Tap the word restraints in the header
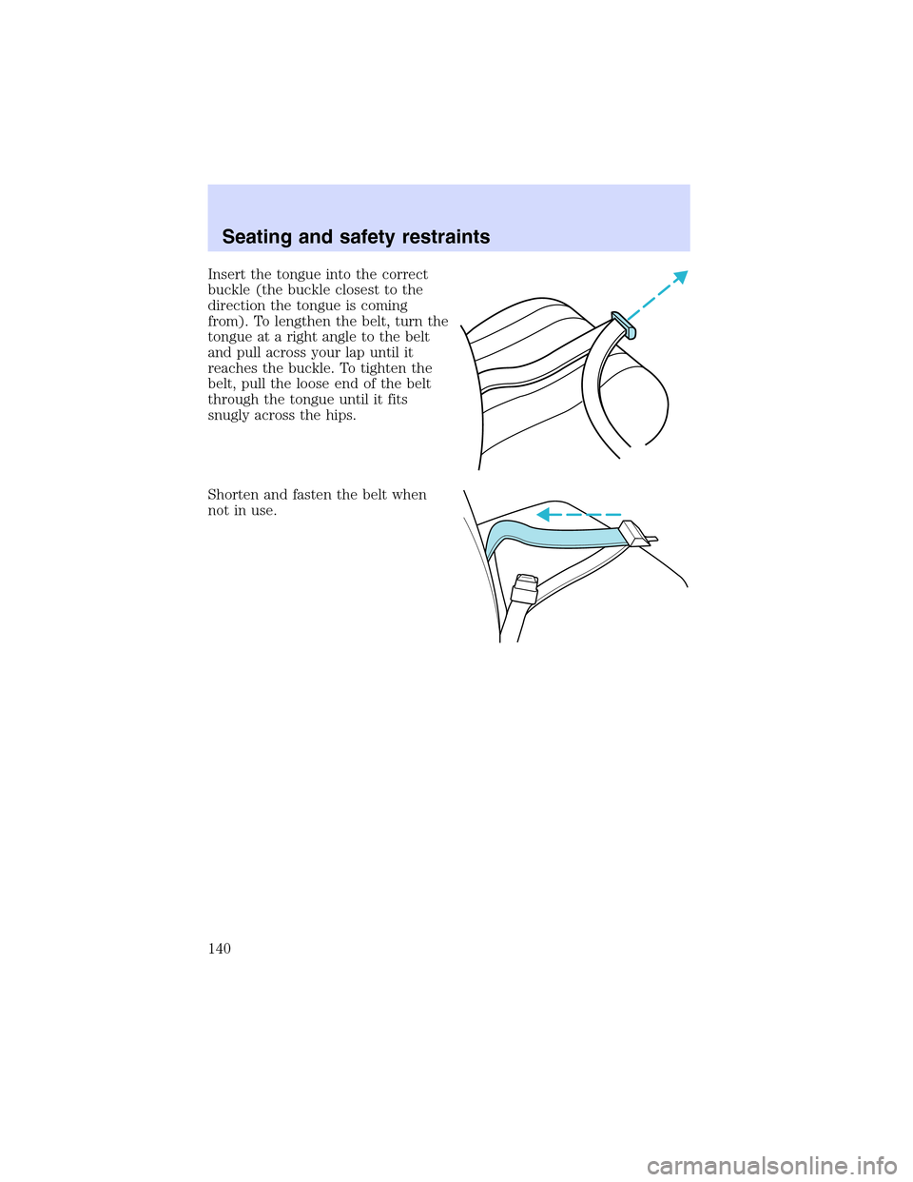(x=444, y=237)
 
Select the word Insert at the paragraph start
(x=226, y=274)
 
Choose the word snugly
(x=228, y=416)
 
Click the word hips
(x=340, y=416)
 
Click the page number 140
(x=219, y=949)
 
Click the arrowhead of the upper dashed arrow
(x=679, y=278)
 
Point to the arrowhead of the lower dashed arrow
(x=543, y=515)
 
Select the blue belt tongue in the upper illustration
(x=625, y=325)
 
